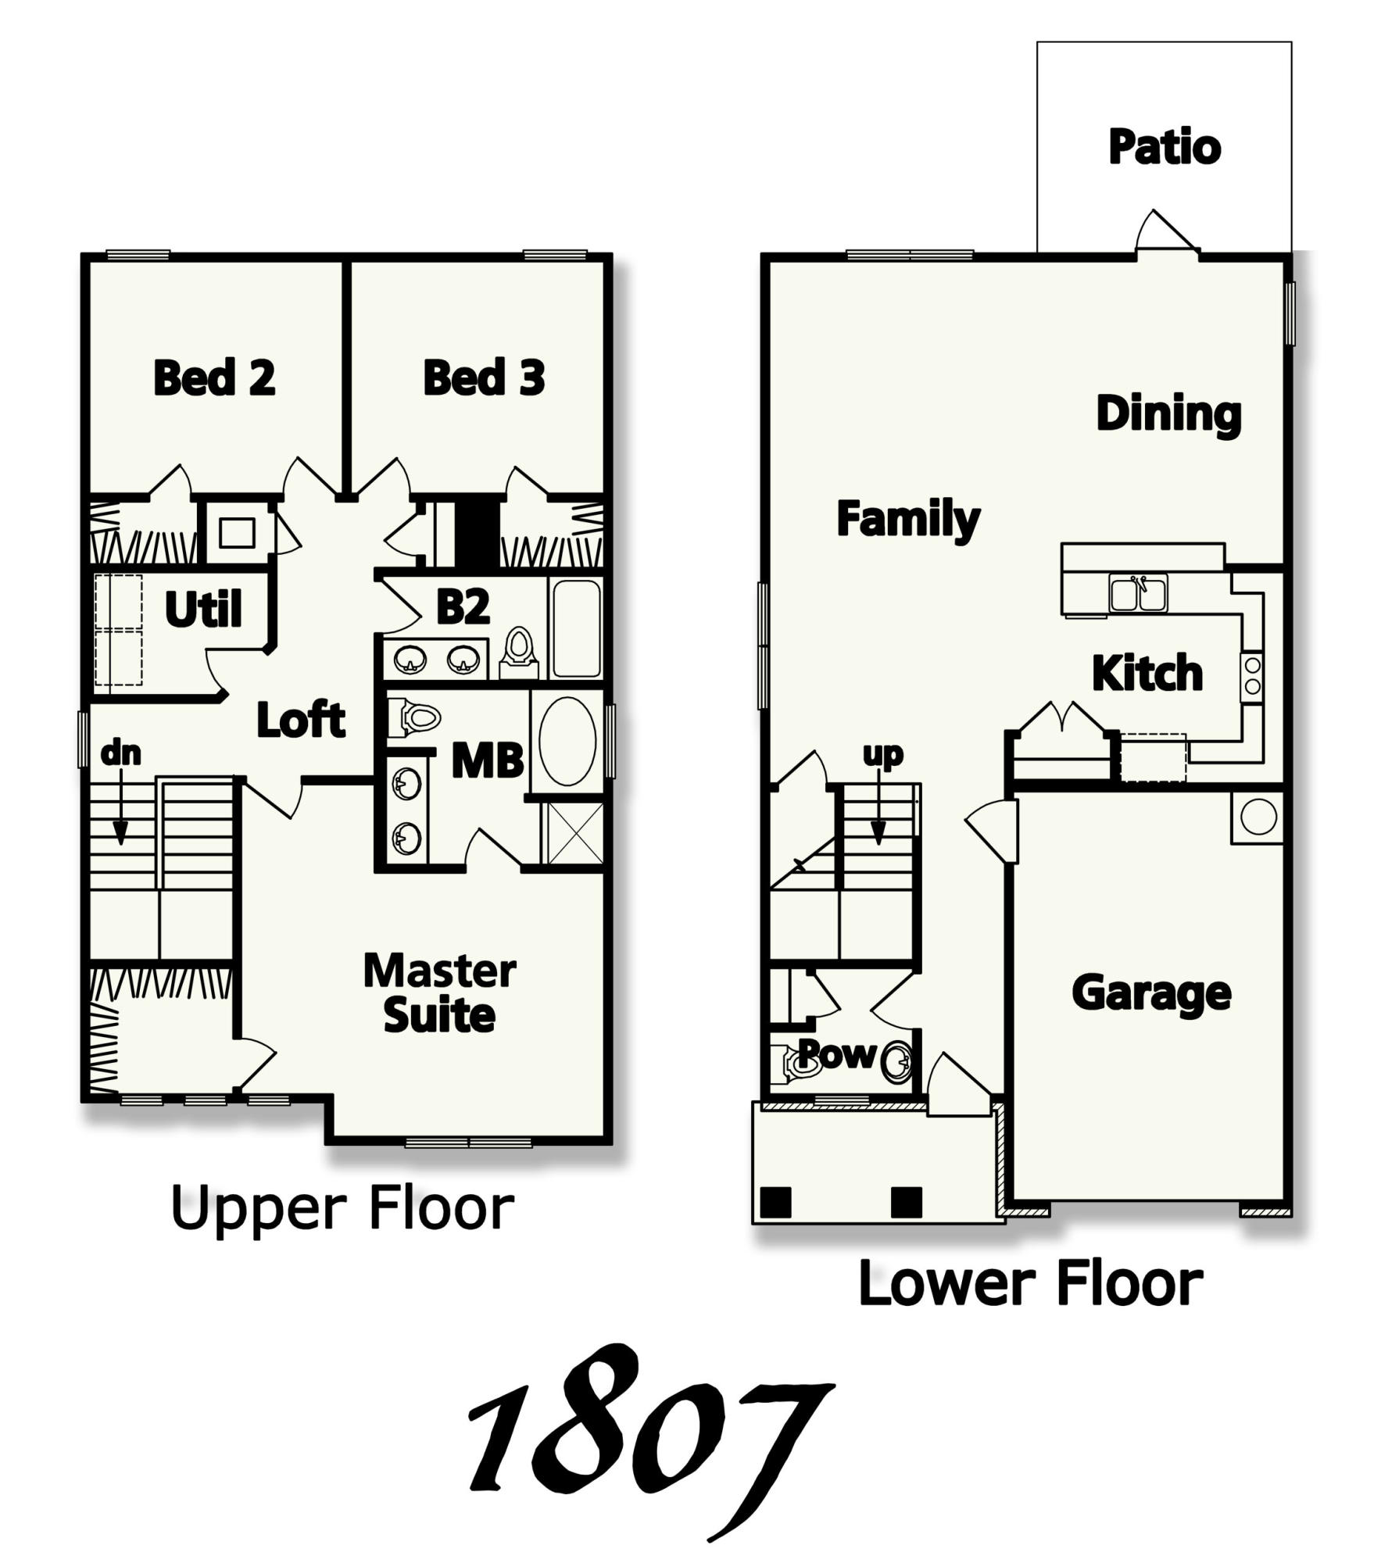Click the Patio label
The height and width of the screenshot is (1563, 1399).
1164,148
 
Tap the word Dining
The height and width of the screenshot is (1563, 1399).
1168,414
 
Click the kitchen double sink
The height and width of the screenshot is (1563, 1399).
1137,592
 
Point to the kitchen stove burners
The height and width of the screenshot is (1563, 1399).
1252,676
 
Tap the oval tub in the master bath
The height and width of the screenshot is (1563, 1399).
567,741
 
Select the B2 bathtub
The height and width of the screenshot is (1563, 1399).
577,628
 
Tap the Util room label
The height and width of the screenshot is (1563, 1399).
203,610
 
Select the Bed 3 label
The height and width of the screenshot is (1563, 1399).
483,378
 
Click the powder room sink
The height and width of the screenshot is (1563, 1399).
896,1061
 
